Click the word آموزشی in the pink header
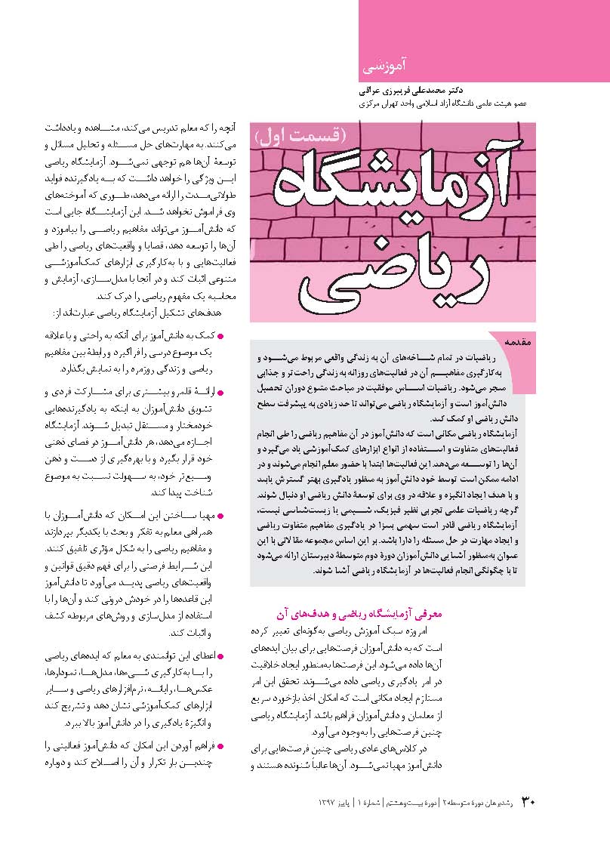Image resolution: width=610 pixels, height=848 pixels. point(384,66)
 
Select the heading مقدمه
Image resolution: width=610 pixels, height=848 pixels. point(518,342)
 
